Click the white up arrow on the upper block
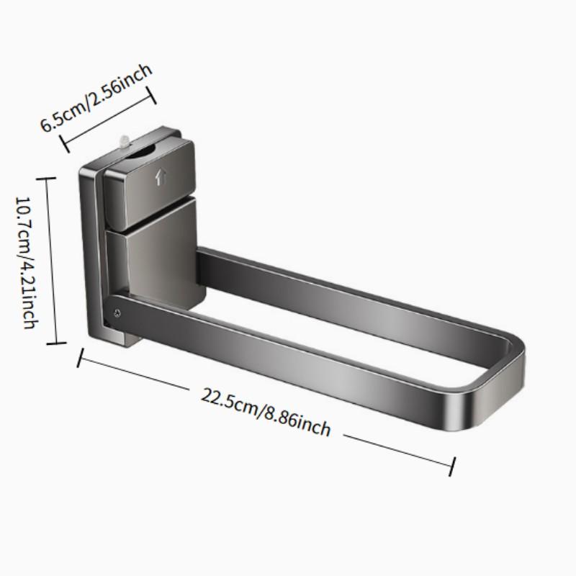coord(160,178)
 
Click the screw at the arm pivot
coord(115,312)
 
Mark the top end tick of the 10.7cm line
coord(49,178)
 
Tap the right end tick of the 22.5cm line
coord(452,465)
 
